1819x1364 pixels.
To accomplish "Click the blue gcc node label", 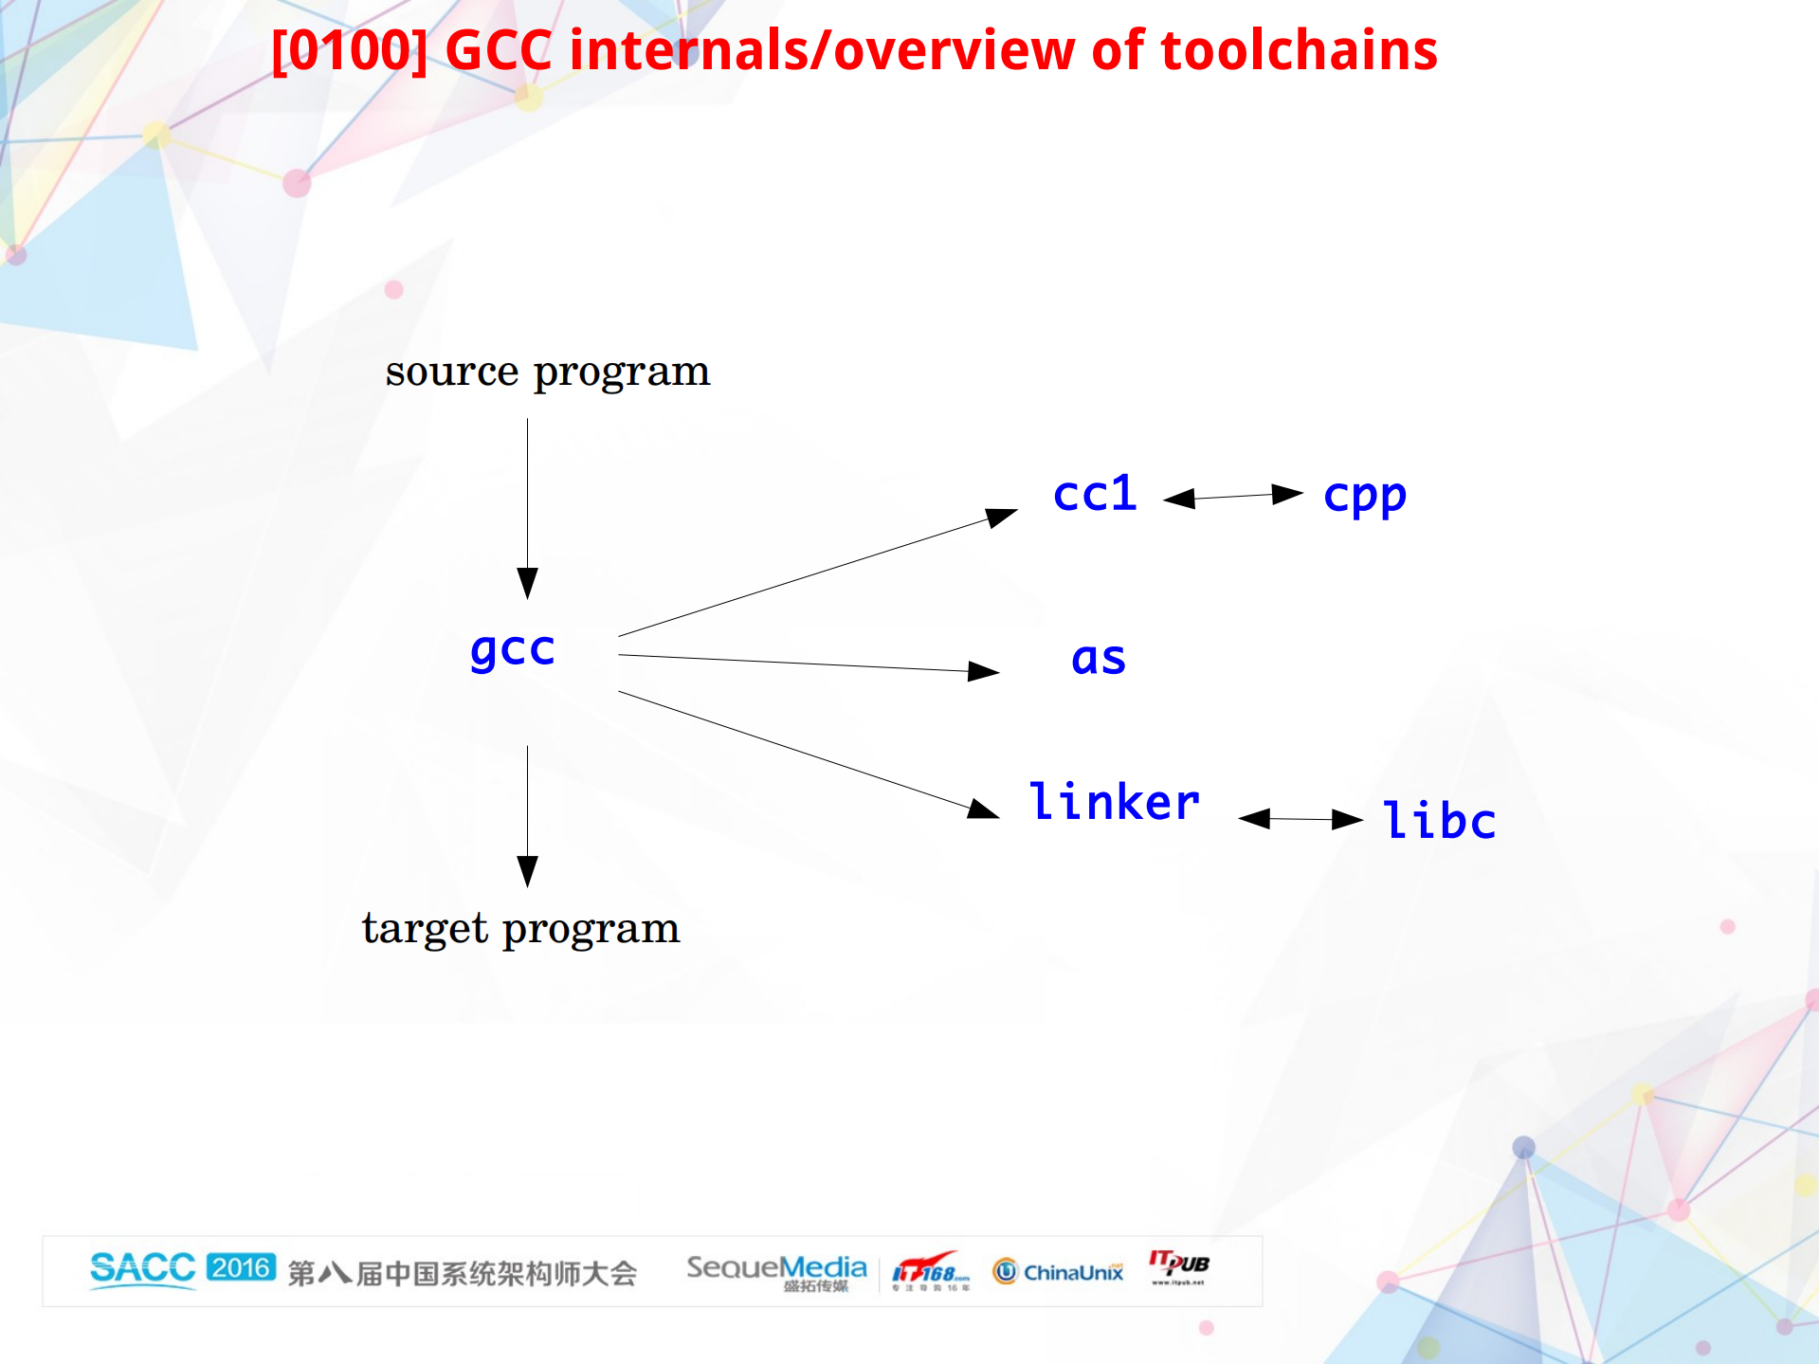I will click(x=513, y=650).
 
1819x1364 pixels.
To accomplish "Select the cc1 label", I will click(x=1095, y=494).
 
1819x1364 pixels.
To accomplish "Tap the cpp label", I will click(x=1364, y=496).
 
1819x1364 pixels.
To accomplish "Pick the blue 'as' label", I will click(x=1099, y=658).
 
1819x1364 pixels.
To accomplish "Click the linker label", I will click(x=1114, y=802).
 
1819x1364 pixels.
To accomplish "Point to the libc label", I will click(x=1439, y=820).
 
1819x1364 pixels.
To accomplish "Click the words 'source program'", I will click(x=547, y=372).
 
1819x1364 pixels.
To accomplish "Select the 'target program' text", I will click(x=520, y=929).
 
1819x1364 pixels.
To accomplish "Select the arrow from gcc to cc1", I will click(x=815, y=574).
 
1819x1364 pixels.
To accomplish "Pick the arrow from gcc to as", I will click(x=806, y=663).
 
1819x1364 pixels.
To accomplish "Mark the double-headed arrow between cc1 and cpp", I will click(x=1232, y=496).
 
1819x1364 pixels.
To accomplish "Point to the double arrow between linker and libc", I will click(x=1301, y=819).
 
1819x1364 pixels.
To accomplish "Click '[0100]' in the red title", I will click(x=349, y=50).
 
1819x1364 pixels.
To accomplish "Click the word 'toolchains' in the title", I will click(x=1299, y=50).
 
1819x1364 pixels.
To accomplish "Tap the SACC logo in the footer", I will click(x=142, y=1268).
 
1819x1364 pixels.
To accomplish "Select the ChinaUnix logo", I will click(x=1058, y=1271).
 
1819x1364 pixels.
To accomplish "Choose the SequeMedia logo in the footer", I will click(x=776, y=1270).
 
